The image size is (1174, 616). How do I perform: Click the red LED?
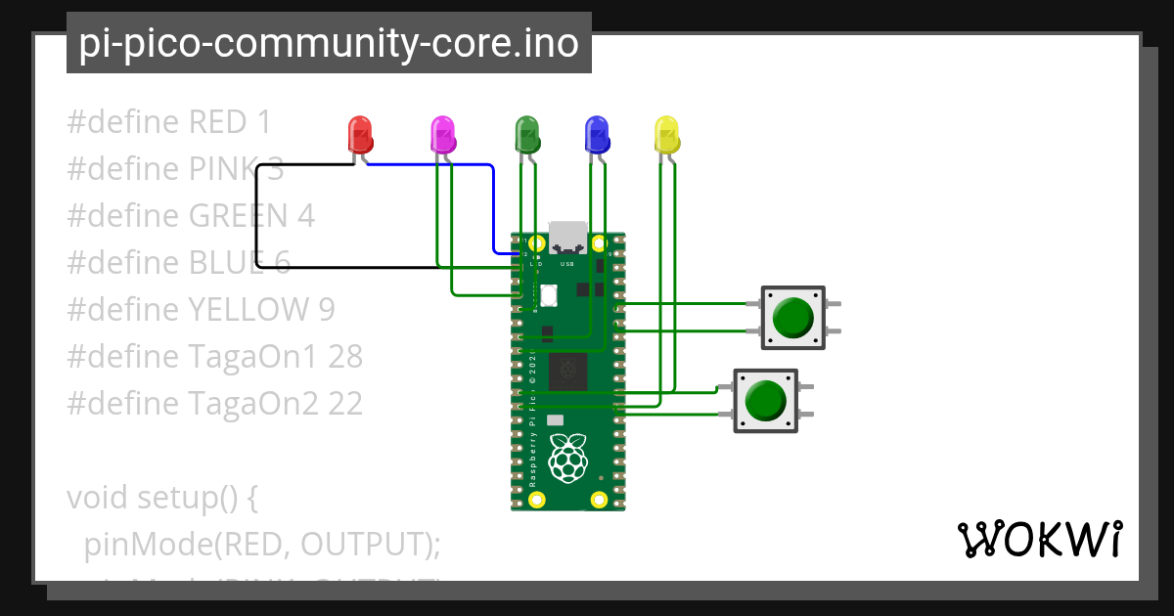point(360,135)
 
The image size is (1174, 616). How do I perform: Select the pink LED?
point(443,135)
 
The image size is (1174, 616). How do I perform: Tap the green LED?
point(527,135)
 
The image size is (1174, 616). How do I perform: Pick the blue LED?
point(596,135)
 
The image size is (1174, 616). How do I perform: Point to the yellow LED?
point(665,135)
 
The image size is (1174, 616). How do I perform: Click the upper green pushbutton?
point(792,318)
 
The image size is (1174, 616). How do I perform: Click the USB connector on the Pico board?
point(567,237)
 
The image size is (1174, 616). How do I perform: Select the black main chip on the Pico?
point(567,372)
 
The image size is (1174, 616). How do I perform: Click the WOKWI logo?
point(1038,539)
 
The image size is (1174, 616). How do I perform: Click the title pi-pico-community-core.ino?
point(329,43)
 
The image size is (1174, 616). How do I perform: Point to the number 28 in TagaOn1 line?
point(345,357)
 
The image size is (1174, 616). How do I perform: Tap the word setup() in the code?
point(199,498)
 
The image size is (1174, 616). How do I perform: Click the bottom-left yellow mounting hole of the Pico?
point(535,500)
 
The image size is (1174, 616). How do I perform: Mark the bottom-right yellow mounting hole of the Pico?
point(599,500)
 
